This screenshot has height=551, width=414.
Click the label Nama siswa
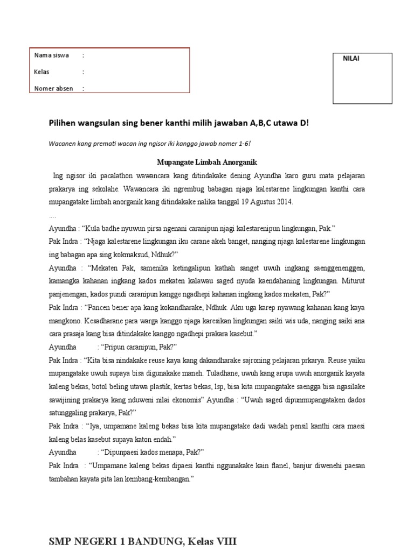click(51, 55)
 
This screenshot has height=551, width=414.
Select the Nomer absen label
click(53, 89)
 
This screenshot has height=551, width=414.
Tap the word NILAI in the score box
click(351, 59)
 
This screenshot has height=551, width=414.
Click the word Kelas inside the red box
click(42, 72)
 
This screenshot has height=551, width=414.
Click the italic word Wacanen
click(64, 144)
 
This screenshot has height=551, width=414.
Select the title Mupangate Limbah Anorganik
click(207, 162)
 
